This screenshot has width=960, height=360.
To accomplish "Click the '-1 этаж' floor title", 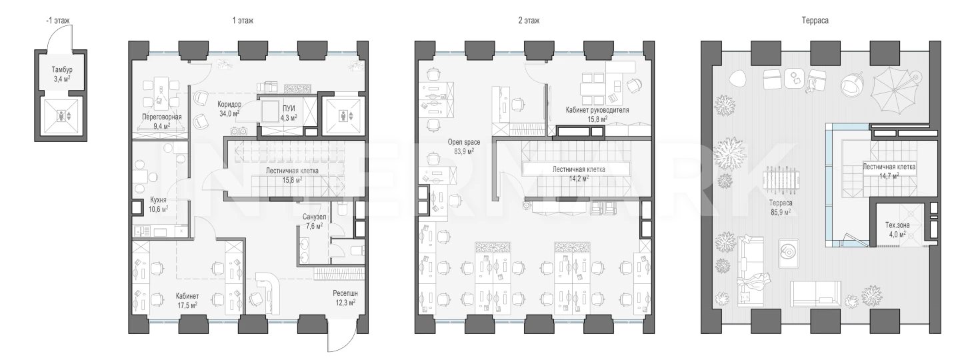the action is (57, 21).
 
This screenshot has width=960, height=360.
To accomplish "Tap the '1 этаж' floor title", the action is (243, 21).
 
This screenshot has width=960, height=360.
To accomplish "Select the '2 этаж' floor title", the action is (529, 21).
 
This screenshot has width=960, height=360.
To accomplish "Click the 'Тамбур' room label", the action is (62, 69).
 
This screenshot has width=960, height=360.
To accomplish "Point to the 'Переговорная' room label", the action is (162, 117).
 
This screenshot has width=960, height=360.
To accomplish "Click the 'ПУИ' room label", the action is (289, 109).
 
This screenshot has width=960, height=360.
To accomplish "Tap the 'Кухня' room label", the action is (158, 200).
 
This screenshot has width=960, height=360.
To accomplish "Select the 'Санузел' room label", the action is (315, 217).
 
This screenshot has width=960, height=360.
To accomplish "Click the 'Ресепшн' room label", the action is (345, 293).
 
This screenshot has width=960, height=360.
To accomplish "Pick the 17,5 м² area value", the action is (188, 305).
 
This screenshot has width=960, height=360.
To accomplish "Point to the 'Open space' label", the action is (464, 142).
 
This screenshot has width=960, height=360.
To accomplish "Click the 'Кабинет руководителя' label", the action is (597, 110).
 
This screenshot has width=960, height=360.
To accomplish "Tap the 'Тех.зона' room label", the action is (897, 225).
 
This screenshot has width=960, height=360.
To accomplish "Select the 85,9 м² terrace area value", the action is (781, 212).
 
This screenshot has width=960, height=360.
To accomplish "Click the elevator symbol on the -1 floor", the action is (61, 116).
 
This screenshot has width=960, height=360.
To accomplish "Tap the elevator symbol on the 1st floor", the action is (344, 116).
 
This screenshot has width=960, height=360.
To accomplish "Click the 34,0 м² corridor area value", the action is (229, 113).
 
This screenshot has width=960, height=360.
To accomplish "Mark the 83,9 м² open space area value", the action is (464, 151).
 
